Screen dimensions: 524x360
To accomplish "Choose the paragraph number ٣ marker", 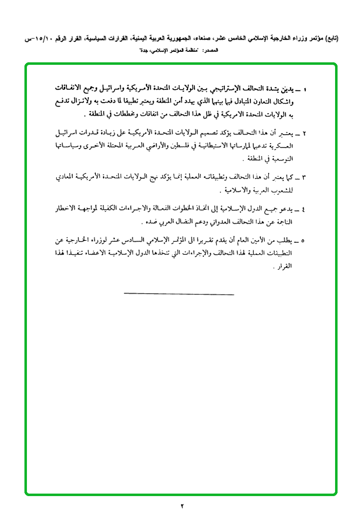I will [x=304, y=177].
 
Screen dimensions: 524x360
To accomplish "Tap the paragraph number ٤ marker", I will [x=304, y=207].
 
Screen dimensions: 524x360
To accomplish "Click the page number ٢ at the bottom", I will [x=182, y=507].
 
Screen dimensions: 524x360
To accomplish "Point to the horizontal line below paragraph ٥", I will [x=179, y=294].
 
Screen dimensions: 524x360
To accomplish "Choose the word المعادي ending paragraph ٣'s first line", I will [x=63, y=177].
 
